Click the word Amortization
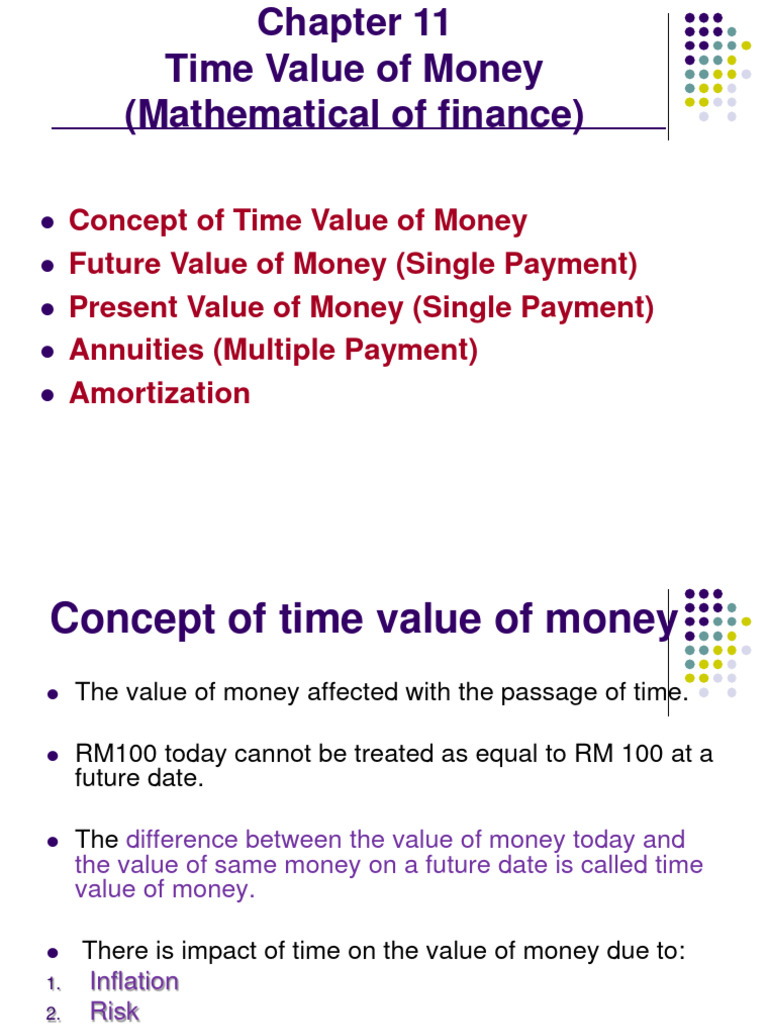click(159, 393)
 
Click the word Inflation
click(134, 981)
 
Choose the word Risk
click(114, 1011)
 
